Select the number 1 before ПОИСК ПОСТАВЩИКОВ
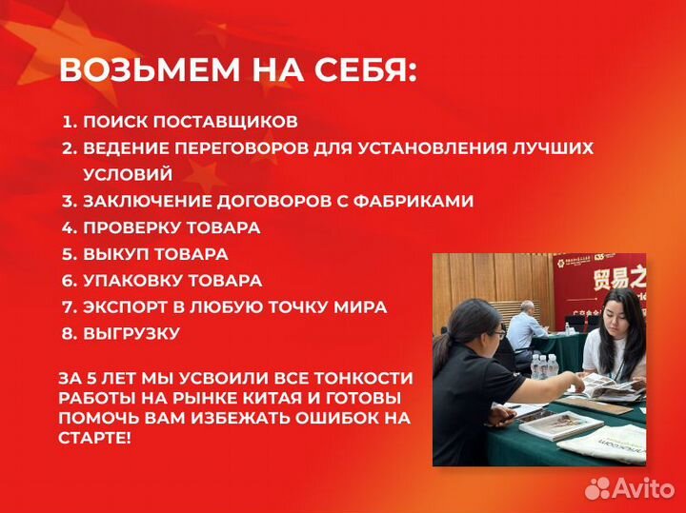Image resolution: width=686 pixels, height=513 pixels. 69,122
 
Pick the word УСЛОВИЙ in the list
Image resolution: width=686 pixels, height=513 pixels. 128,175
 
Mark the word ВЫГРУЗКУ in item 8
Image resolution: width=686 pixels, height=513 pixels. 131,334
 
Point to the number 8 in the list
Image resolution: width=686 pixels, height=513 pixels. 69,334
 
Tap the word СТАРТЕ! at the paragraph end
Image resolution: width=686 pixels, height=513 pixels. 95,437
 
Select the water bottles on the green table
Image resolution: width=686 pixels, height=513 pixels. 544,365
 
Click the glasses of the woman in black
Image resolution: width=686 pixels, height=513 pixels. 498,334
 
